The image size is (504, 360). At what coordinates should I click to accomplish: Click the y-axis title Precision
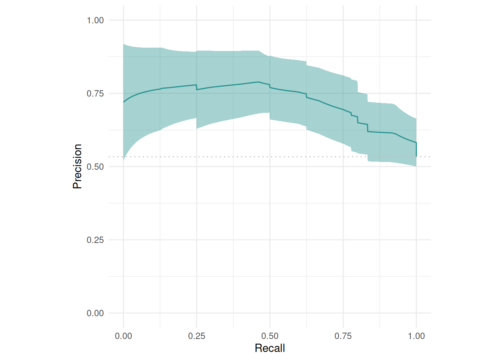click(77, 166)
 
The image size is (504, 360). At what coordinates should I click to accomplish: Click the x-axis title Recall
click(270, 348)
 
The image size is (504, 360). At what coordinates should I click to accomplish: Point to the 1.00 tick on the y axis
click(95, 20)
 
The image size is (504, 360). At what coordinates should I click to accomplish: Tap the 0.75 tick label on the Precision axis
click(95, 93)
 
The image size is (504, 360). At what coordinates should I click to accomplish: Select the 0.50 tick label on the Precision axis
click(95, 166)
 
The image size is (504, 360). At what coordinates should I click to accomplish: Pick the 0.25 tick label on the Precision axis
click(95, 240)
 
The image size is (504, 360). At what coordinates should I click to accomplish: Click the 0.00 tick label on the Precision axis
click(95, 313)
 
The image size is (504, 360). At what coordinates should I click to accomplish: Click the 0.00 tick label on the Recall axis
click(123, 336)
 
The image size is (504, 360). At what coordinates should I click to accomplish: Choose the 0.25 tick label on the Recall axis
click(196, 336)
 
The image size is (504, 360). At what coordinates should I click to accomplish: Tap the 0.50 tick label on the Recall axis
click(270, 336)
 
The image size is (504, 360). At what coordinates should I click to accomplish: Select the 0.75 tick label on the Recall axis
click(343, 336)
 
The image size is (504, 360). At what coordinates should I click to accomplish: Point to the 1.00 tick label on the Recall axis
click(416, 336)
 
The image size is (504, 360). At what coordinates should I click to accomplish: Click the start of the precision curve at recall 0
click(124, 102)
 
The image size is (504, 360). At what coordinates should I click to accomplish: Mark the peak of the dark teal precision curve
click(258, 82)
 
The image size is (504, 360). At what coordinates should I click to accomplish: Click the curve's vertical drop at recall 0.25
click(196, 87)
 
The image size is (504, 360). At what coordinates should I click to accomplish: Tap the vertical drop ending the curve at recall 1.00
click(416, 149)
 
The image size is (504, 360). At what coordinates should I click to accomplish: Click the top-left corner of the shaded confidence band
click(124, 44)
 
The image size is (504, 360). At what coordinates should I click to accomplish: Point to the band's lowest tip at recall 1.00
click(416, 166)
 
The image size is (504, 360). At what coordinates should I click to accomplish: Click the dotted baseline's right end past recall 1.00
click(430, 157)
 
